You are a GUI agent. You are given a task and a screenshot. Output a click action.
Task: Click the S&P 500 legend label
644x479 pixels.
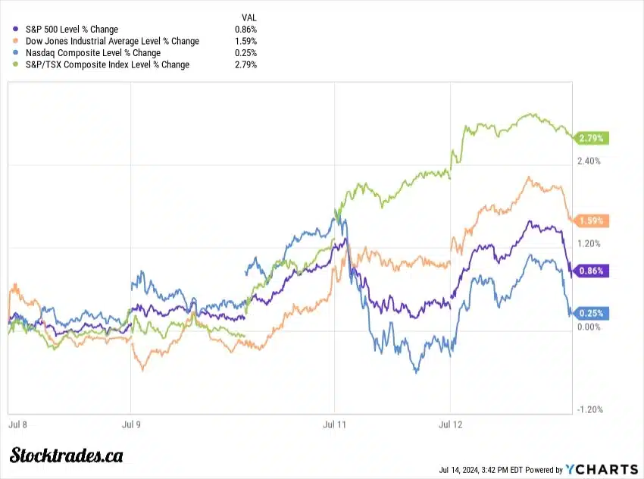pyautogui.click(x=71, y=30)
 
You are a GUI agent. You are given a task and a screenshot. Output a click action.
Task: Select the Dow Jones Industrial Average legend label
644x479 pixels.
pyautogui.click(x=112, y=41)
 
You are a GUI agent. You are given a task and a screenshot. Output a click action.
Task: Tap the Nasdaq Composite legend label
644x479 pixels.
pyautogui.click(x=92, y=53)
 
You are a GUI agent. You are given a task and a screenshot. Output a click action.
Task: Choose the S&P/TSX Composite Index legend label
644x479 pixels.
pyautogui.click(x=107, y=64)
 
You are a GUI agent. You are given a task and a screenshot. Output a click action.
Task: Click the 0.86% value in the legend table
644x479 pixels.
pyautogui.click(x=245, y=30)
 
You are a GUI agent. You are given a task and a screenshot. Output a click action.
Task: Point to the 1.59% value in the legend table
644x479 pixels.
pyautogui.click(x=245, y=41)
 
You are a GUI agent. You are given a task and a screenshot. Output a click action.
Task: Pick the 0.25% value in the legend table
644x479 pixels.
pyautogui.click(x=245, y=53)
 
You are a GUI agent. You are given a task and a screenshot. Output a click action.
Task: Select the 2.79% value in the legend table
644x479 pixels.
pyautogui.click(x=245, y=64)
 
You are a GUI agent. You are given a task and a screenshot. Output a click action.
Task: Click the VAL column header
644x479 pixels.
pyautogui.click(x=249, y=17)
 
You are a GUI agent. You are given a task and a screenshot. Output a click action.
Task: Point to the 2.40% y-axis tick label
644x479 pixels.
pyautogui.click(x=589, y=161)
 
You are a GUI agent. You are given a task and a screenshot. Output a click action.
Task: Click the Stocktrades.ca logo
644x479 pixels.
pyautogui.click(x=67, y=456)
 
